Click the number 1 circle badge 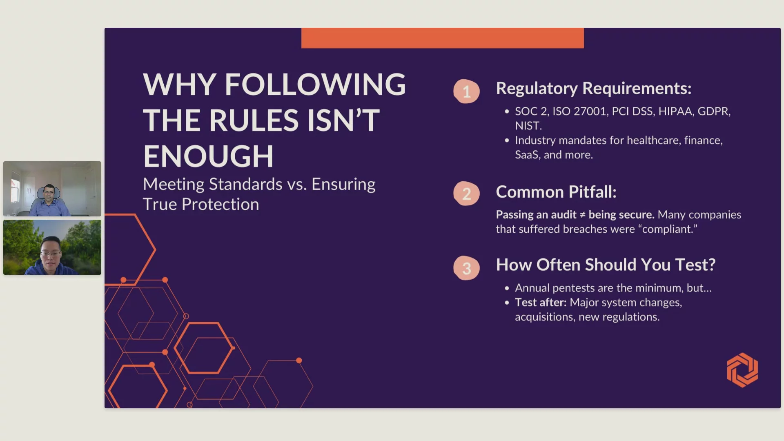click(466, 91)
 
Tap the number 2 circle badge click(466, 194)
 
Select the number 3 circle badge click(466, 268)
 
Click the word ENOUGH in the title click(208, 156)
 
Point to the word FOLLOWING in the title click(315, 85)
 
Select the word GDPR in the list click(714, 111)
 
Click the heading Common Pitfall click(556, 192)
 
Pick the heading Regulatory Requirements click(594, 89)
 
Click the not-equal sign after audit click(582, 215)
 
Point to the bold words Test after click(541, 302)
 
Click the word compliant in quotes click(668, 229)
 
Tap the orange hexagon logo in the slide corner click(742, 370)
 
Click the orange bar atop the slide click(443, 38)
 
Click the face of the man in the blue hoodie click(51, 253)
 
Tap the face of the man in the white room click(49, 193)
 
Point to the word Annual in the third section click(532, 288)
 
